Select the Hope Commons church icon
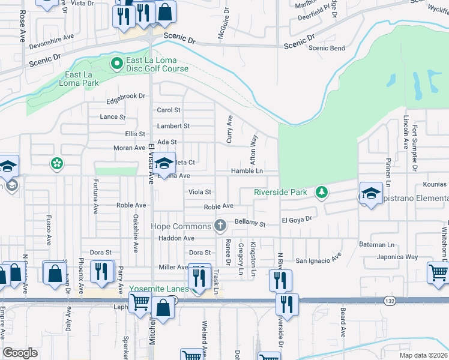220,226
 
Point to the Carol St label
169,110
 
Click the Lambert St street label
173,126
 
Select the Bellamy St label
250,223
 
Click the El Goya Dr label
297,220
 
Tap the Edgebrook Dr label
126,95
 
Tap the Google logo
20,353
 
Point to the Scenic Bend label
327,48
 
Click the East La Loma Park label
82,79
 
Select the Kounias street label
434,184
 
